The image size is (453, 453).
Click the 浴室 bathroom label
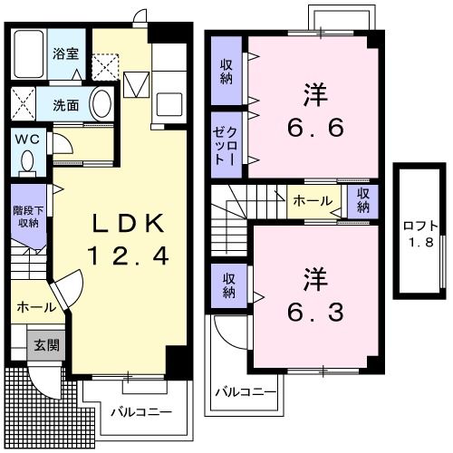64,53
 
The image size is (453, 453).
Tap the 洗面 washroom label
64,104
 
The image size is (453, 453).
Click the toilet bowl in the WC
26,161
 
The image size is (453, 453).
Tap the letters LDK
126,223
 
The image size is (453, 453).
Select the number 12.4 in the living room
128,257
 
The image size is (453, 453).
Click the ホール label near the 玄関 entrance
35,308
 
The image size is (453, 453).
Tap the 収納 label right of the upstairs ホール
362,200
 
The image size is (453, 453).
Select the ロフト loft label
421,226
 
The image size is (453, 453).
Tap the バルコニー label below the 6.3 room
241,392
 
